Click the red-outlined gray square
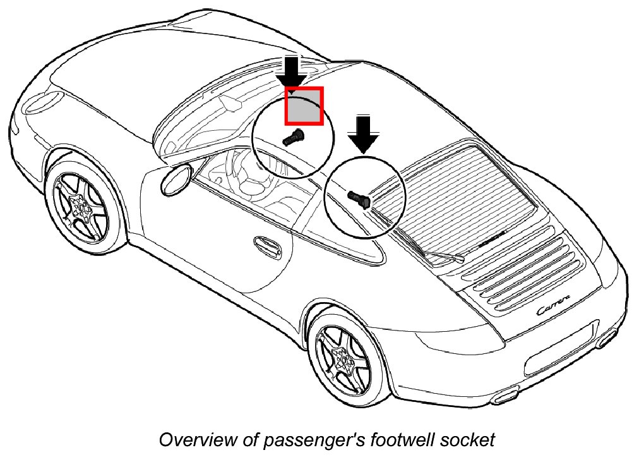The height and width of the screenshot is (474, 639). [304, 106]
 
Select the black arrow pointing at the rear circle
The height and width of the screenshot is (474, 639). [363, 133]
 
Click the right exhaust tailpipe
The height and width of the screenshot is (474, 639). [607, 336]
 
